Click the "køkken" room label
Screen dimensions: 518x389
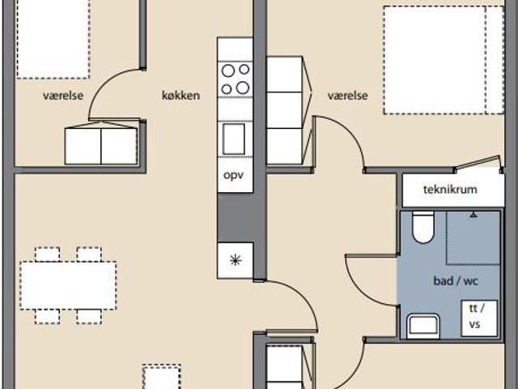[180, 96]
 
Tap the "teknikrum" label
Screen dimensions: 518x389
[450, 190]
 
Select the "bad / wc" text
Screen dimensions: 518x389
[456, 281]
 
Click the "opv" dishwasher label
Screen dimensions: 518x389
[234, 175]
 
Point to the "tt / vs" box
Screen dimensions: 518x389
[479, 318]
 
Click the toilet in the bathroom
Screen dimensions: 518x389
[422, 227]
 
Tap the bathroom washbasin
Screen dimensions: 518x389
[423, 326]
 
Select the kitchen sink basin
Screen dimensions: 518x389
[234, 139]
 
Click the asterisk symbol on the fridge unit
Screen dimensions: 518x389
[236, 260]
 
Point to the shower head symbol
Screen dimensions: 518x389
[473, 215]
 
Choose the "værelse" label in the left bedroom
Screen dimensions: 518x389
[63, 96]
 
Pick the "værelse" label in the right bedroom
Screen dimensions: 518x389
[347, 96]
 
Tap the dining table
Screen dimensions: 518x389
[68, 285]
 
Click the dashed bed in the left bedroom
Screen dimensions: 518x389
[53, 39]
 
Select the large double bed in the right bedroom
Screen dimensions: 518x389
[444, 60]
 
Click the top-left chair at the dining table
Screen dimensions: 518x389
[47, 254]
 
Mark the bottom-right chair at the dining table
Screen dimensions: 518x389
[89, 317]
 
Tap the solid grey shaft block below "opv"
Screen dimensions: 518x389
[236, 218]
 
